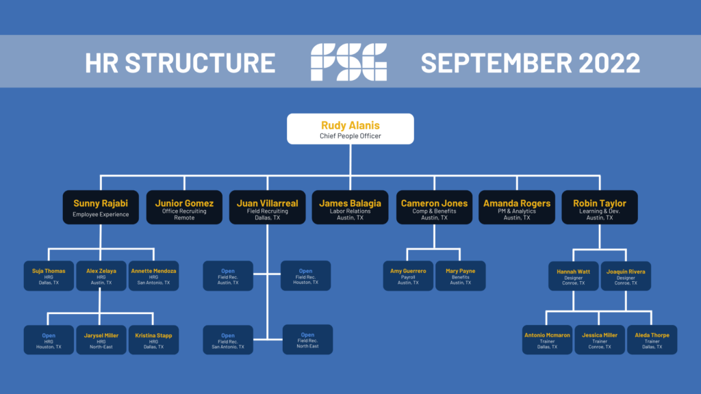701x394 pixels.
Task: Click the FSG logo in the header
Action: click(x=348, y=62)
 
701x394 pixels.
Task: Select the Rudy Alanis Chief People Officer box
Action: click(x=350, y=129)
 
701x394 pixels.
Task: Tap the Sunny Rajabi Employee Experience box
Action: click(x=101, y=207)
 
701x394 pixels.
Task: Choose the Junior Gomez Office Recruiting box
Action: click(x=184, y=207)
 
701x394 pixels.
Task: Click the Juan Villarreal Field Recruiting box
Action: click(x=267, y=207)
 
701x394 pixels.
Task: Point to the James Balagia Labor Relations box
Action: click(x=350, y=207)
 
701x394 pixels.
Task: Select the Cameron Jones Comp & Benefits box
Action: click(x=434, y=207)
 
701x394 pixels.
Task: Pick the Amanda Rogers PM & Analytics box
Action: click(x=517, y=207)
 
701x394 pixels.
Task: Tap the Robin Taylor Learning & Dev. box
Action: click(x=600, y=207)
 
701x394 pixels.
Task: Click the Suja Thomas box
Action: click(x=49, y=276)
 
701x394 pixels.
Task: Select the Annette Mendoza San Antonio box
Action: click(x=153, y=276)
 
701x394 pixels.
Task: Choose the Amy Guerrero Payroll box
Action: click(x=408, y=276)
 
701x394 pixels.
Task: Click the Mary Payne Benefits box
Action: click(x=460, y=276)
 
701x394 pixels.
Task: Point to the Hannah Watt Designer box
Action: click(x=574, y=276)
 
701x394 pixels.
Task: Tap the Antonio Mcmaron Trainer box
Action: click(x=547, y=340)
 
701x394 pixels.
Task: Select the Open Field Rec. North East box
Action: click(x=307, y=340)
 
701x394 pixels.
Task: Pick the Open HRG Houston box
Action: click(x=49, y=340)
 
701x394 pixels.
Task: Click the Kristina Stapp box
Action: click(x=153, y=340)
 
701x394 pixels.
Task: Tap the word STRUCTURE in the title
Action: click(x=200, y=63)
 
